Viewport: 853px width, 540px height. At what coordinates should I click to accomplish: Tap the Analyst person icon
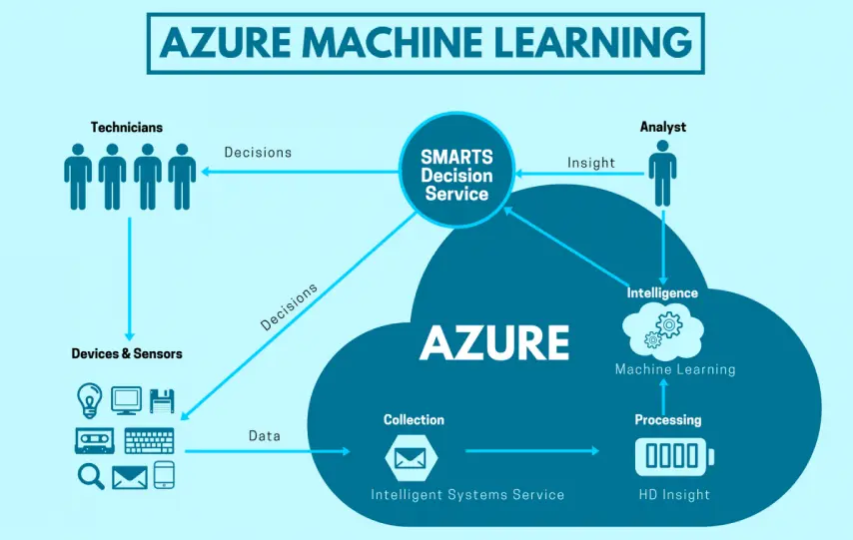click(662, 173)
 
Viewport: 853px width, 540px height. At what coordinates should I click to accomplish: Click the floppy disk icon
click(163, 401)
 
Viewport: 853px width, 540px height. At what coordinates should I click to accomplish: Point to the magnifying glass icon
click(91, 476)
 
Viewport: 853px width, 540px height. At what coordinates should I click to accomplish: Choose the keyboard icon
click(149, 440)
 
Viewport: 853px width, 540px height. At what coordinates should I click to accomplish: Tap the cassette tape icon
click(91, 440)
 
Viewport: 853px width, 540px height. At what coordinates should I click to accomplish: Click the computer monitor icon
click(126, 400)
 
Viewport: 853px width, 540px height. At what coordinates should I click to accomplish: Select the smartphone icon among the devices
click(165, 476)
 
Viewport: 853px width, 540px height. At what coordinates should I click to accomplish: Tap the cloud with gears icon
click(663, 330)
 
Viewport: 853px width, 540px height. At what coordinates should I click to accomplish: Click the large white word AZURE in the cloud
click(494, 342)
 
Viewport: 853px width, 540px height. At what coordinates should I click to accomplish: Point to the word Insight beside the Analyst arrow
click(591, 163)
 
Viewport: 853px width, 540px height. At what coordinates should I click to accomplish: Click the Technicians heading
click(127, 128)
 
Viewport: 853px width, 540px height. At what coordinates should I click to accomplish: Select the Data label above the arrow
click(265, 436)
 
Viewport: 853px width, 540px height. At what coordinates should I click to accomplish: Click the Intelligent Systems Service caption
click(467, 495)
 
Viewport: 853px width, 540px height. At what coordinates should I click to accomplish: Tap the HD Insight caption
click(674, 495)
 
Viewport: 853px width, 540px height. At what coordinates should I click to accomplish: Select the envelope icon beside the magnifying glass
click(129, 477)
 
